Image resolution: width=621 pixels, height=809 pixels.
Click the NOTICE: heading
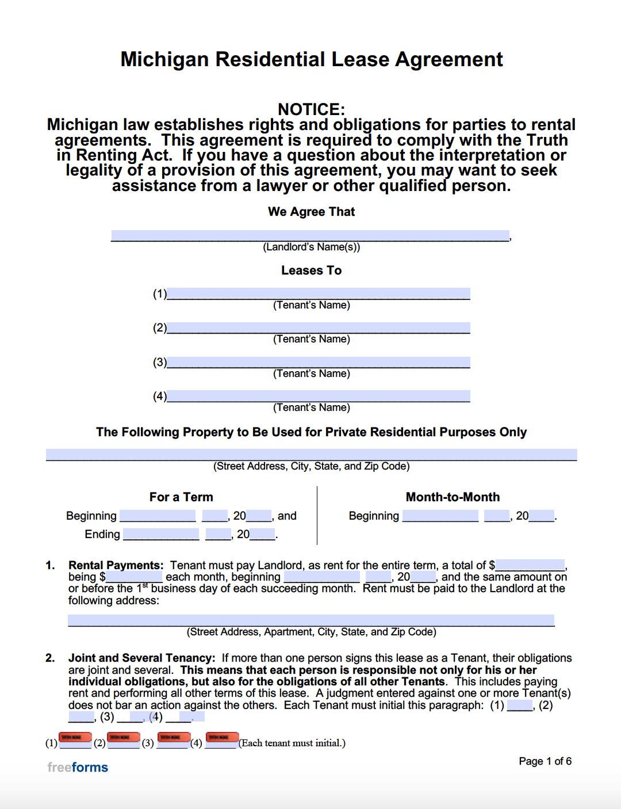(311, 109)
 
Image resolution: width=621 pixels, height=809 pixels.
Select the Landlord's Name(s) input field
(310, 235)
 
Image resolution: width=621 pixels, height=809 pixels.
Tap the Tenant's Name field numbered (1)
(319, 293)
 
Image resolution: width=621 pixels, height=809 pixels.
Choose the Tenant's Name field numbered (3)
(319, 362)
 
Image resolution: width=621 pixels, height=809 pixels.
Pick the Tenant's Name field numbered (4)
(319, 396)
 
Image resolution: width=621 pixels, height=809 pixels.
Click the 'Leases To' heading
(311, 270)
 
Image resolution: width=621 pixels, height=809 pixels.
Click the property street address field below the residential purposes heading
(311, 455)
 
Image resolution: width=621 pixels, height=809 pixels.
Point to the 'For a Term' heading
(181, 497)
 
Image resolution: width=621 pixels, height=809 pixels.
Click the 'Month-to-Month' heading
(453, 497)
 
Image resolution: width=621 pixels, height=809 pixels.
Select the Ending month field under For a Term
(161, 534)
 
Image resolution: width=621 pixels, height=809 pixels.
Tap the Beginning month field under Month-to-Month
(440, 516)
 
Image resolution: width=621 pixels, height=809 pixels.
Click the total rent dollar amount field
(530, 565)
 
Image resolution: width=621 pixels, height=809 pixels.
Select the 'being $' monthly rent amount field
(134, 577)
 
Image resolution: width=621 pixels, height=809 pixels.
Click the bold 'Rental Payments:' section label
(116, 565)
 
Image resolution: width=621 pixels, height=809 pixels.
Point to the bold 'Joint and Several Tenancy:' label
(141, 658)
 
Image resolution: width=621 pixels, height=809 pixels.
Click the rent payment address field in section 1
(311, 620)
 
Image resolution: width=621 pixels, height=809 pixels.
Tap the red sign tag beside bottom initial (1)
(75, 737)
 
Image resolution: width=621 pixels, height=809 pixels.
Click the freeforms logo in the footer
(78, 767)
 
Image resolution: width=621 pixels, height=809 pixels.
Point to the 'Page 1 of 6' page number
(545, 761)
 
